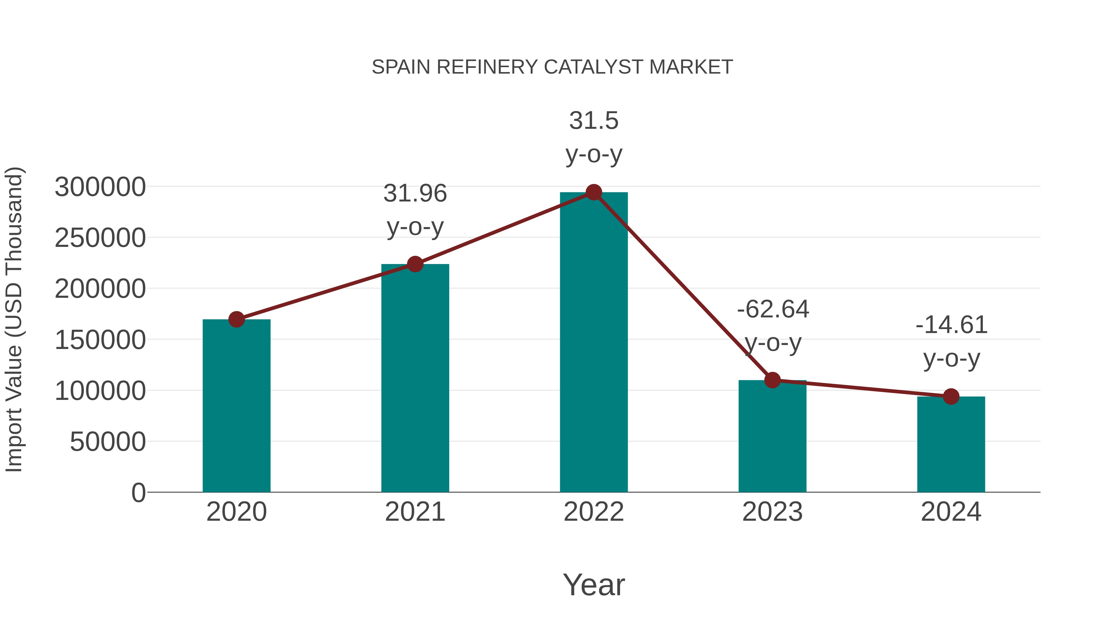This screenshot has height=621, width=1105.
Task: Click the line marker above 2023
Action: [x=773, y=380]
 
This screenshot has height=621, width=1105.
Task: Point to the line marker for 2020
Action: [x=236, y=319]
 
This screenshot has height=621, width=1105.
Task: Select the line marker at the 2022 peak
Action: [x=594, y=192]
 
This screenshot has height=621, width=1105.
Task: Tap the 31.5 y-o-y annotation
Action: [x=594, y=137]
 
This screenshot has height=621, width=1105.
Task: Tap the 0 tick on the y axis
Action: [x=138, y=493]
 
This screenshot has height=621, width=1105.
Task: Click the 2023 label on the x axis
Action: [x=772, y=512]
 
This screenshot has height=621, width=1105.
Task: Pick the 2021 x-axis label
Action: [x=415, y=512]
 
